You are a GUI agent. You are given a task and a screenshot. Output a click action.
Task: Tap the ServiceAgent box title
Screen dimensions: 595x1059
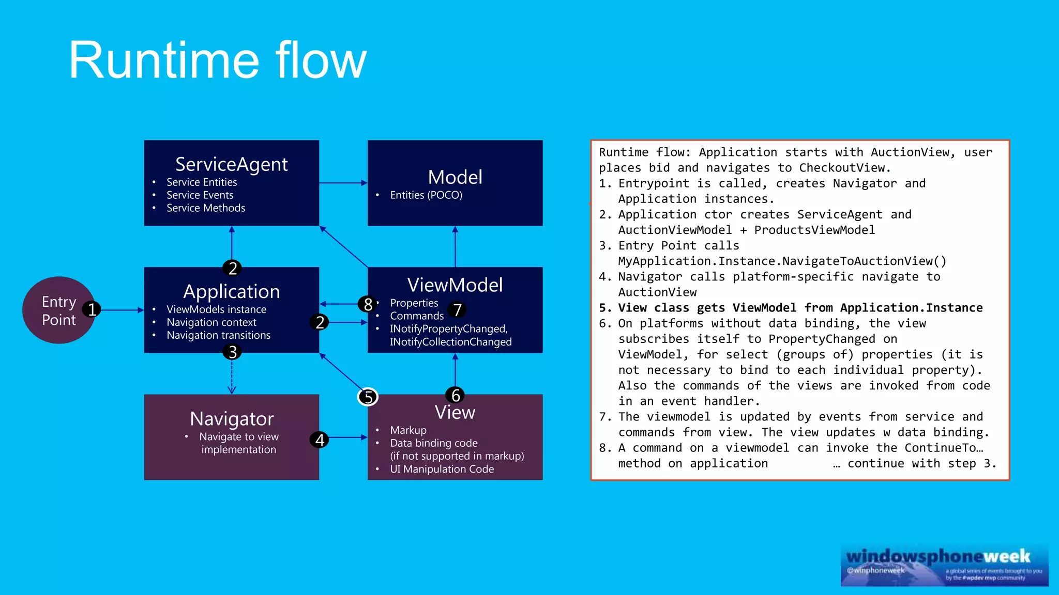231,164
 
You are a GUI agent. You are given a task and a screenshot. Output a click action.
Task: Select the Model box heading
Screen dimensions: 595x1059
455,177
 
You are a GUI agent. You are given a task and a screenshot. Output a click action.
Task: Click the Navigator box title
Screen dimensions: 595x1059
231,418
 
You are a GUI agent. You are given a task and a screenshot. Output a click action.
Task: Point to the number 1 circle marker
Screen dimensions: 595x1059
92,309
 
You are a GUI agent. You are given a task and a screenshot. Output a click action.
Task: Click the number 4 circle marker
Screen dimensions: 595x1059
320,440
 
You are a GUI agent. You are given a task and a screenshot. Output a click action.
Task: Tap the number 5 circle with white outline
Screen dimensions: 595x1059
368,397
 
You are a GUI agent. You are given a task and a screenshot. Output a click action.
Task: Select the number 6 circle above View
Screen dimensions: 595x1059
455,395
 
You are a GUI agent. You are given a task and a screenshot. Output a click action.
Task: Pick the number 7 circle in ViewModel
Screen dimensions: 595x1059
457,310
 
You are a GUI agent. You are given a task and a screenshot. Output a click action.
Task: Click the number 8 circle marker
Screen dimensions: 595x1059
368,304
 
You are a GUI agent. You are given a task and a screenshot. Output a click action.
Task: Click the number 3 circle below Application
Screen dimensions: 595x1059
232,352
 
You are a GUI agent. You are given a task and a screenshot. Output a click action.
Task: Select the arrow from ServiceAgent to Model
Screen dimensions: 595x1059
343,183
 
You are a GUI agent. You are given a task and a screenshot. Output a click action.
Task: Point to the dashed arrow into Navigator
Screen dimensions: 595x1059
232,377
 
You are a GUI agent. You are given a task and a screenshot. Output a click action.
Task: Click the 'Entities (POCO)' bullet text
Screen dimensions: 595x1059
426,195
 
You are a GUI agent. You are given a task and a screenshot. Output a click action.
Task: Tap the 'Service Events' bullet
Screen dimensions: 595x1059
200,195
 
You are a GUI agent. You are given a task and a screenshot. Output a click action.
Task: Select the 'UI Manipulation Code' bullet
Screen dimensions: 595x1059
442,469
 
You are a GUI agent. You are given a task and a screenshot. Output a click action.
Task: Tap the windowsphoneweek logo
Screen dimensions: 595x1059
944,565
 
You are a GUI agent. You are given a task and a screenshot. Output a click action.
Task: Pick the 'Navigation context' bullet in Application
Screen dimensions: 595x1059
211,322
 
